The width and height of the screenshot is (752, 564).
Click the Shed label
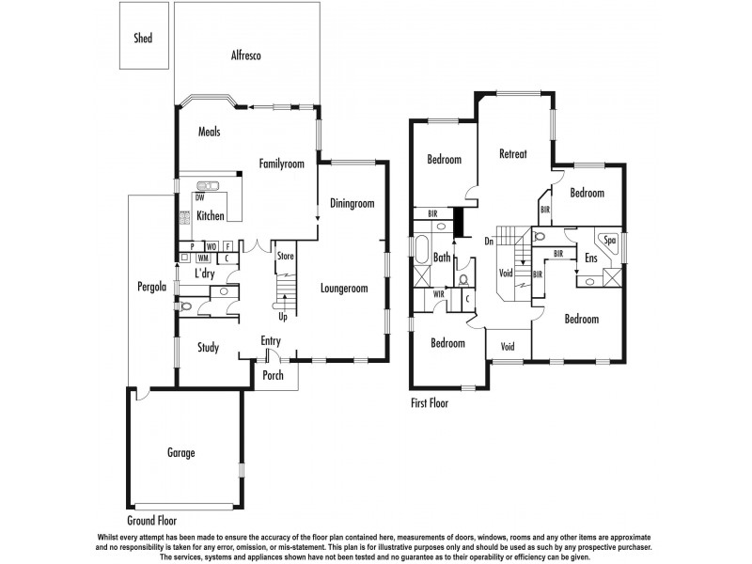point(142,39)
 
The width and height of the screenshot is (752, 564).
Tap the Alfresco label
point(245,55)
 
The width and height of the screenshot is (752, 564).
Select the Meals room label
point(209,132)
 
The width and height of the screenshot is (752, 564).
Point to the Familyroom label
point(282,164)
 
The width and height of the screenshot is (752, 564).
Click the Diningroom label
point(352,203)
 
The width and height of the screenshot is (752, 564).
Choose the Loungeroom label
point(343,289)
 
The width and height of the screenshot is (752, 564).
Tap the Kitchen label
point(211,216)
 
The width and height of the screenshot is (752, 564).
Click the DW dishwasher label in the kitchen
point(200,197)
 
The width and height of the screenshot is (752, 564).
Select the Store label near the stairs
point(285,255)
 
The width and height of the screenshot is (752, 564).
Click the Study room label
point(208,348)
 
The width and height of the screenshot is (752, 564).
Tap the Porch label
point(273,376)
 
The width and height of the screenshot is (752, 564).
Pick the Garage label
point(181,453)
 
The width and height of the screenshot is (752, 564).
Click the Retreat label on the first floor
point(512,154)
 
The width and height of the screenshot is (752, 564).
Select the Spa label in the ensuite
point(609,240)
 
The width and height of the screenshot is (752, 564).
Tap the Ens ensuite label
point(591,258)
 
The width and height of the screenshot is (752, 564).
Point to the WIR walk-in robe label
point(438,294)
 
